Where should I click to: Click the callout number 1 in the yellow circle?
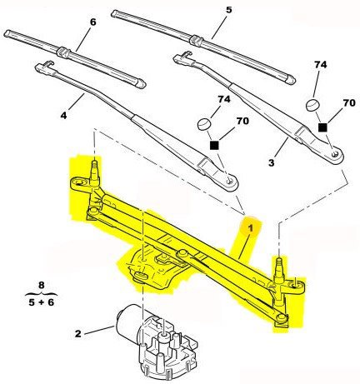[250, 228]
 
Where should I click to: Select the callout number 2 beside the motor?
[78, 333]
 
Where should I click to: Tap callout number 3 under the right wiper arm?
[271, 162]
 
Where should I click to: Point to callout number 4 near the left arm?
[63, 115]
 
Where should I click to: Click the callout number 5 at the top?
[228, 10]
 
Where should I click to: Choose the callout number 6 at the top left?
[93, 22]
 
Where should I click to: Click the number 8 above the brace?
[41, 285]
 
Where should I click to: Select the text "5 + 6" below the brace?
[41, 302]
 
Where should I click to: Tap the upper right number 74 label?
[321, 64]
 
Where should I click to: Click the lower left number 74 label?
[224, 99]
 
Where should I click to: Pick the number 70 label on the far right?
[349, 103]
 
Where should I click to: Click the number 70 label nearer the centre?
[242, 121]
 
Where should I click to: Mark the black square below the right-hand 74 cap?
[322, 127]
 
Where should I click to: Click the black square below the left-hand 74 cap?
[214, 145]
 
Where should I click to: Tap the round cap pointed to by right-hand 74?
[312, 105]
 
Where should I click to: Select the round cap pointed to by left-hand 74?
[204, 124]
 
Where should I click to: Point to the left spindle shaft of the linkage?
[95, 172]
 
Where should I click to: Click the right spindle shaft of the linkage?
[279, 269]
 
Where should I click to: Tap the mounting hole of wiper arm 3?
[335, 153]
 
